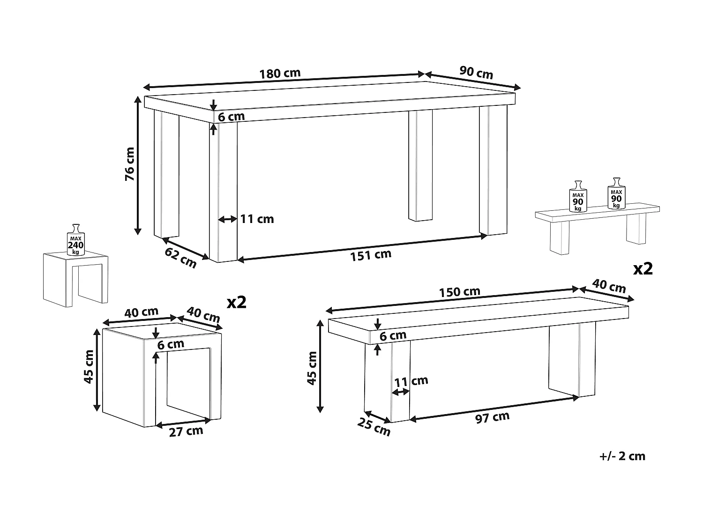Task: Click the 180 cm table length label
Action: (x=280, y=74)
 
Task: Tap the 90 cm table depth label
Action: (x=476, y=73)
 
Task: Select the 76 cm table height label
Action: (x=130, y=164)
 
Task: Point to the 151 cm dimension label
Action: (x=371, y=255)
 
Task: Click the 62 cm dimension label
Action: (x=180, y=258)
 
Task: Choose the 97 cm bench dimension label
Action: (x=492, y=417)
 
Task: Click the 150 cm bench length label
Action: (x=459, y=292)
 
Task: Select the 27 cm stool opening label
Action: (x=186, y=431)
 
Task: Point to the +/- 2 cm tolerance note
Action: (x=622, y=456)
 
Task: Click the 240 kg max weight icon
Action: (x=75, y=240)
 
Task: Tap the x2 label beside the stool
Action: (x=237, y=302)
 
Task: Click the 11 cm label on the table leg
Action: (x=257, y=219)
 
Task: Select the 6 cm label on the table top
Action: (x=231, y=117)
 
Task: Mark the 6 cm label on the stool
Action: (x=171, y=344)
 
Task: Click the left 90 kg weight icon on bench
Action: (x=578, y=196)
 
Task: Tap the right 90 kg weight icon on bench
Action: (x=616, y=193)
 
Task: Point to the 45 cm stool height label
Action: (x=89, y=367)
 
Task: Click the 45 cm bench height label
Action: (x=312, y=368)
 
